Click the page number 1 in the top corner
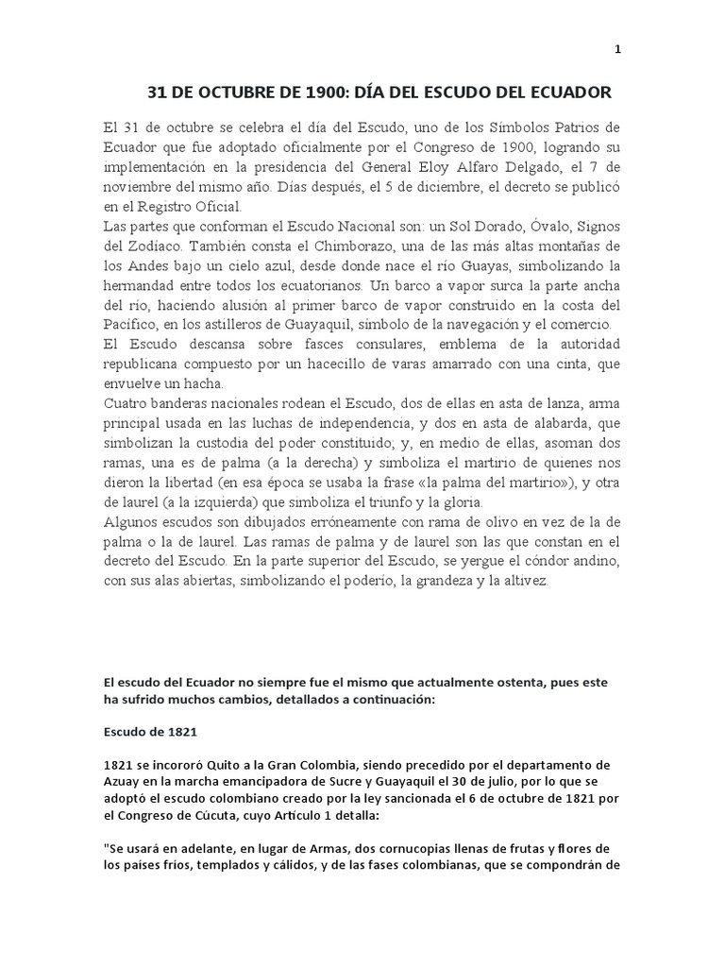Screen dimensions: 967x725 pyautogui.click(x=617, y=50)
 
